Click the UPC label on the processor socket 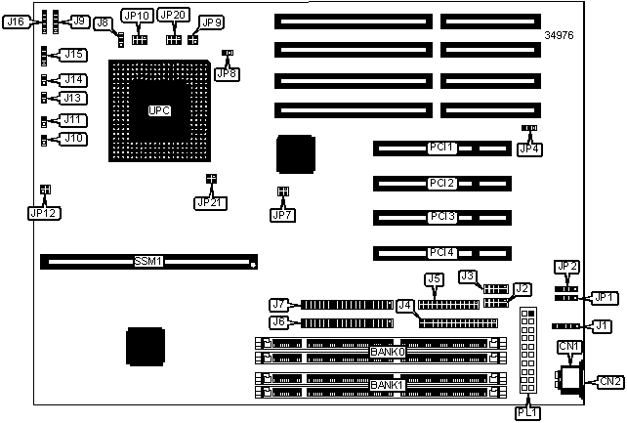point(159,109)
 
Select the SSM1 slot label point(148,262)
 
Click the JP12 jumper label point(44,212)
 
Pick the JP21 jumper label point(210,202)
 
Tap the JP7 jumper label point(282,213)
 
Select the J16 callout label point(18,21)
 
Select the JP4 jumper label point(528,148)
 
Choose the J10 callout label point(72,139)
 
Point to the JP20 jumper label point(173,16)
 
